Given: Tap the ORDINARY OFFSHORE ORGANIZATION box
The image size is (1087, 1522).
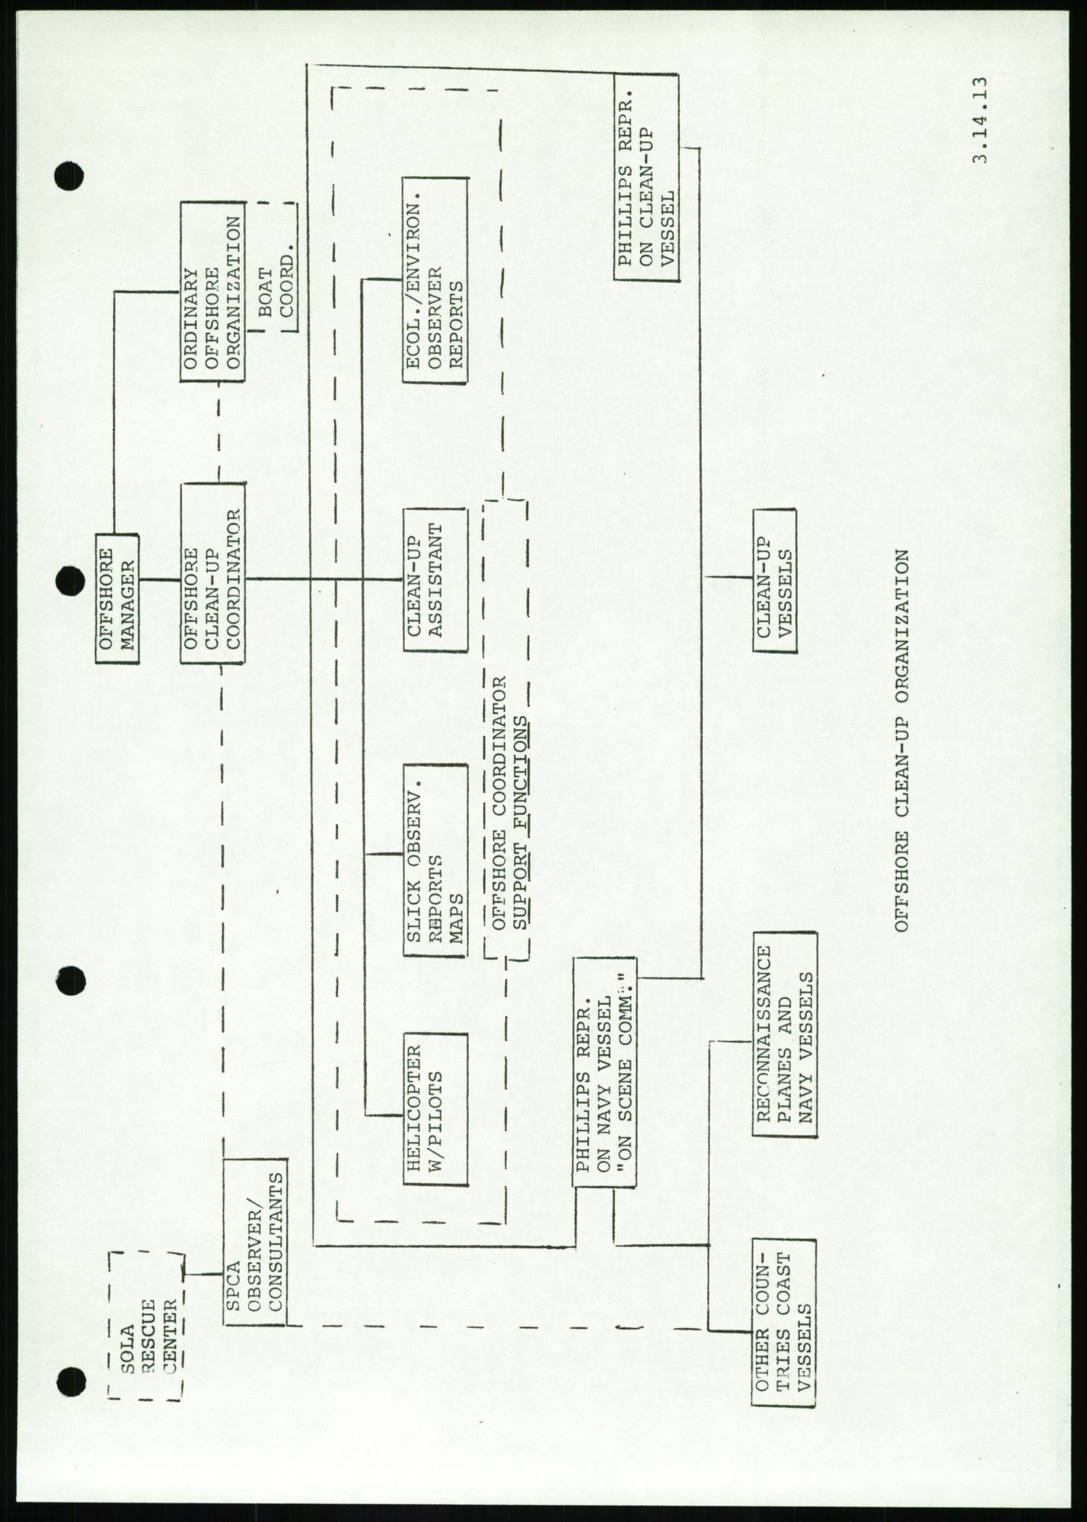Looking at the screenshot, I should tap(212, 293).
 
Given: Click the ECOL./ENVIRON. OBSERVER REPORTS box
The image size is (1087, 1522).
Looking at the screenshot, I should tap(435, 281).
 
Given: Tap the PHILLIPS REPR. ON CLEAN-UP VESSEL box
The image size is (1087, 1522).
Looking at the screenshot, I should tap(646, 177).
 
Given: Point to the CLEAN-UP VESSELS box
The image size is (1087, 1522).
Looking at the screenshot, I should tap(773, 580).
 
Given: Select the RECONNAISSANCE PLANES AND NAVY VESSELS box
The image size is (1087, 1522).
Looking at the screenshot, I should tap(785, 1044).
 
